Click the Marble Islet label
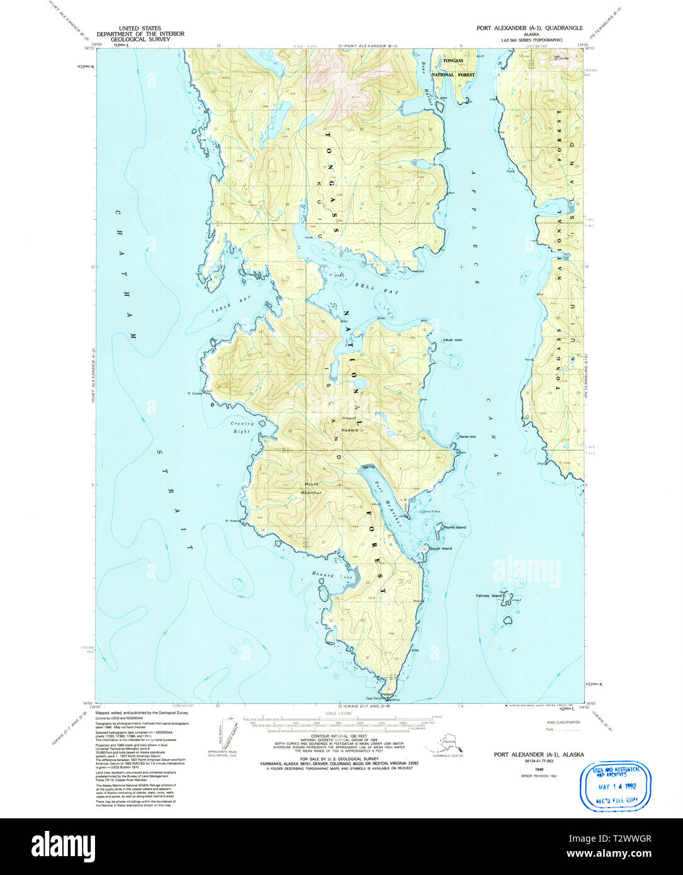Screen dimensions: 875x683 point(468,436)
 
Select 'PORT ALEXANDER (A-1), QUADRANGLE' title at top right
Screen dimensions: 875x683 point(529,28)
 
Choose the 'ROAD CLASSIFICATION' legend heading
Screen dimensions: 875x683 point(563,722)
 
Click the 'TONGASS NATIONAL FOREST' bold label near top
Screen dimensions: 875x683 point(453,67)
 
